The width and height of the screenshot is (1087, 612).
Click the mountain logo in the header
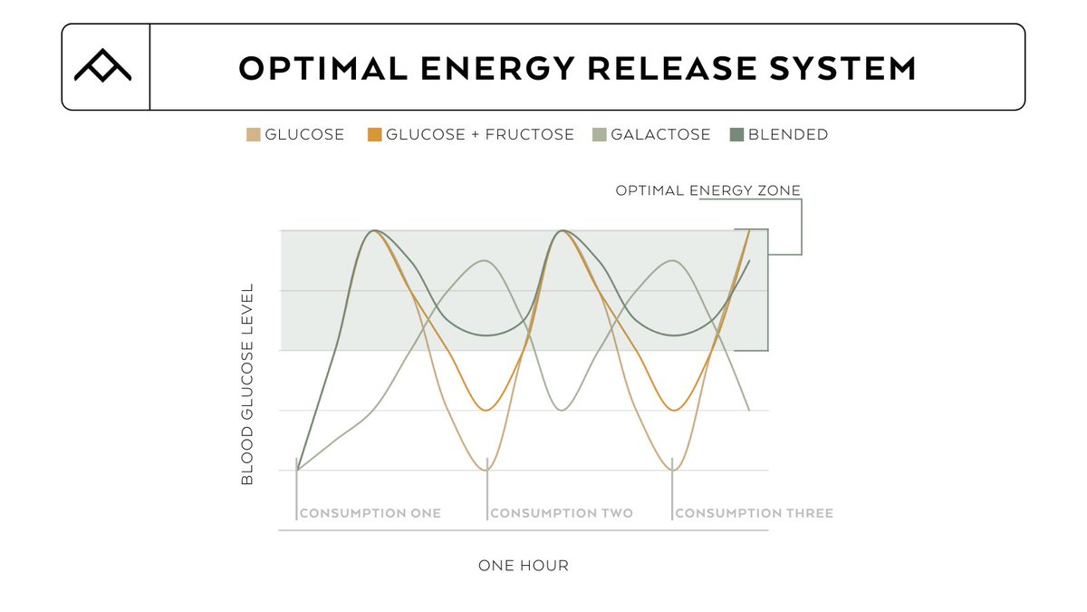click(102, 67)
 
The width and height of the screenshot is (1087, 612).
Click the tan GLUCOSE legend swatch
click(254, 135)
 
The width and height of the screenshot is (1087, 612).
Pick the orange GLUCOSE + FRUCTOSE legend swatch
click(374, 135)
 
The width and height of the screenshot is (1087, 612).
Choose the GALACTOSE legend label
click(660, 135)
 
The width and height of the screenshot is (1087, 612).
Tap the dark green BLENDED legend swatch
click(737, 135)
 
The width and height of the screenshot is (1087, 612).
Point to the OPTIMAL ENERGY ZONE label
click(707, 190)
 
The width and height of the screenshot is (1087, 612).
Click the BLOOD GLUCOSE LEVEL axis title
click(247, 384)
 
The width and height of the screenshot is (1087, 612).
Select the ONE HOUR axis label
click(524, 566)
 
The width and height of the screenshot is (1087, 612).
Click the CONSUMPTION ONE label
click(370, 513)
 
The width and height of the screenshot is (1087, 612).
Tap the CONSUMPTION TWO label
click(562, 513)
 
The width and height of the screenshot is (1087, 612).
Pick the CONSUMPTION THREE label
click(754, 513)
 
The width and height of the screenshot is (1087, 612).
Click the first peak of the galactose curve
click(486, 261)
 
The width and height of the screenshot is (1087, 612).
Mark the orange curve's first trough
click(487, 411)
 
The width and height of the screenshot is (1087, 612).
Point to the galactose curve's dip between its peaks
click(562, 411)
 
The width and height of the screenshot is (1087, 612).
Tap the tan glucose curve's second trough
click(673, 470)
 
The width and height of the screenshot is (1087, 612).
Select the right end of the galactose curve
click(749, 410)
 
